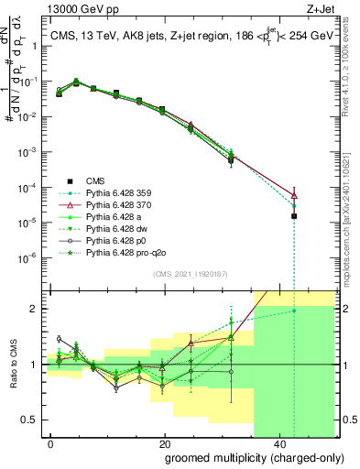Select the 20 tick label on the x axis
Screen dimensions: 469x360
[x=163, y=442]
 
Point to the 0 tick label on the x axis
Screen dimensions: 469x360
[x=51, y=442]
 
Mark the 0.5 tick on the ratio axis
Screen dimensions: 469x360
[x=33, y=420]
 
